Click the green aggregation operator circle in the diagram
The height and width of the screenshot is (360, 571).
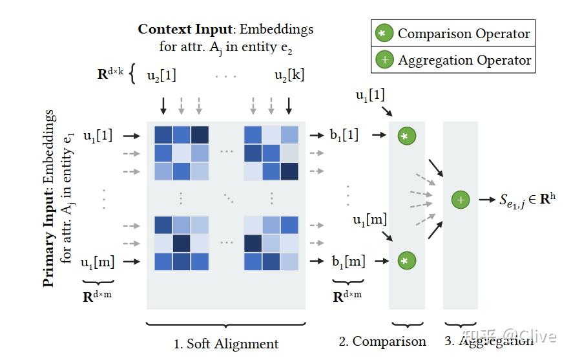click(460, 200)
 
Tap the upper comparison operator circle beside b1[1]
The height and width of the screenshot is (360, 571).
click(406, 136)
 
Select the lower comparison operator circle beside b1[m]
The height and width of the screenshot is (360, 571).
click(406, 261)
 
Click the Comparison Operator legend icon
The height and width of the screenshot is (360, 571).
click(384, 34)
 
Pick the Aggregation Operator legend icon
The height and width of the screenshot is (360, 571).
click(384, 60)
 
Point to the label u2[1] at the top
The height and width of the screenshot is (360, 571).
click(161, 75)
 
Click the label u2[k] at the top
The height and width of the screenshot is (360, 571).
click(289, 75)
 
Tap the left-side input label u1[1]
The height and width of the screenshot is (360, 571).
click(98, 136)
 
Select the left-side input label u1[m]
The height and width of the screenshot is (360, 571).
click(98, 262)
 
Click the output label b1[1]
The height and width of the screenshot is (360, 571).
click(343, 136)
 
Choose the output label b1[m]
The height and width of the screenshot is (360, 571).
click(347, 262)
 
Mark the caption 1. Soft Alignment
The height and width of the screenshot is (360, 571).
click(226, 343)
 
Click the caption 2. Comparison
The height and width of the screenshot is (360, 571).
click(382, 341)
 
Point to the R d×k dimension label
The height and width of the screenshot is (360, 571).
click(110, 74)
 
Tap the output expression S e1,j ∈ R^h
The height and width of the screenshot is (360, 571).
click(526, 199)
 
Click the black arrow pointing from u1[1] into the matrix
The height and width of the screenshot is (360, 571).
click(131, 136)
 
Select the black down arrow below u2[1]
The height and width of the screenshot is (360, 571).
click(163, 105)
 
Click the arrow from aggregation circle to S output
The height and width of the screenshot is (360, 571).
click(486, 200)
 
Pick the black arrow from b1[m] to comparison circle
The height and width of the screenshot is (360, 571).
click(381, 261)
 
